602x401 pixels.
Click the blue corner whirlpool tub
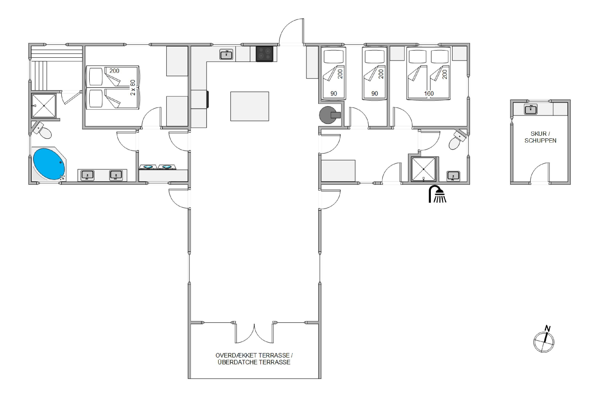(49, 164)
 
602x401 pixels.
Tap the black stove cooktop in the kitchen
(265, 54)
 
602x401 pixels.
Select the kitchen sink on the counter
(226, 55)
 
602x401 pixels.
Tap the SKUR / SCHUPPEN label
(540, 137)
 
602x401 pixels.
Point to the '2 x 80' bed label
(133, 87)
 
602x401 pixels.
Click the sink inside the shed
(531, 109)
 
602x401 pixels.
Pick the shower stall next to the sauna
(44, 106)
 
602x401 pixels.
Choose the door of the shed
(540, 173)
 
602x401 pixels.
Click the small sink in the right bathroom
(453, 176)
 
